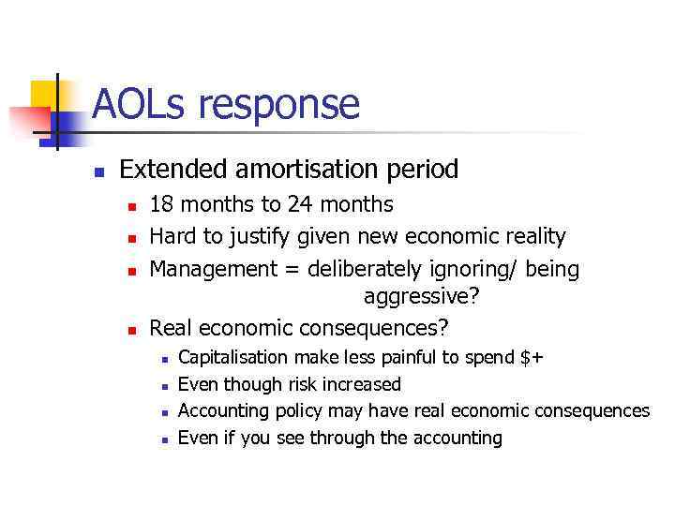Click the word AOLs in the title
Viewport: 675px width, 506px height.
click(x=135, y=104)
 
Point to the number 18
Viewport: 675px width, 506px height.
click(x=161, y=204)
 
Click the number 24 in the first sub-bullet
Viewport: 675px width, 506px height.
click(x=291, y=204)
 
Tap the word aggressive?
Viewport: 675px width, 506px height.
click(x=421, y=297)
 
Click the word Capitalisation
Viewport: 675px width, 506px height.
click(x=233, y=357)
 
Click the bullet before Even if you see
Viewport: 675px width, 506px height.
click(x=163, y=439)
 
